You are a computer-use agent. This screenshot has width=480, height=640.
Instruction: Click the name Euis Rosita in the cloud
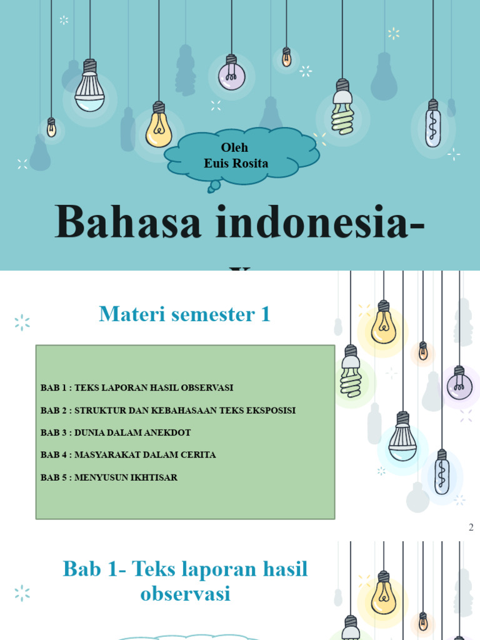pos(236,164)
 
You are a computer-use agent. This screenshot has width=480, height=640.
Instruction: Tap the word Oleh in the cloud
pos(234,147)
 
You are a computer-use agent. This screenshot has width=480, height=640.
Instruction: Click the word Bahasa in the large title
pos(128,223)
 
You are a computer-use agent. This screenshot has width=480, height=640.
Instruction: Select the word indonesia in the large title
pos(312,223)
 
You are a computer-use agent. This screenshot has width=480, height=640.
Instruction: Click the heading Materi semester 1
pos(184,314)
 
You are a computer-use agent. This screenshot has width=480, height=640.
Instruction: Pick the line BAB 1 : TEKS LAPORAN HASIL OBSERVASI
pos(137,387)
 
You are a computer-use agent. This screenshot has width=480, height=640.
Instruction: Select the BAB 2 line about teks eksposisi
pos(168,411)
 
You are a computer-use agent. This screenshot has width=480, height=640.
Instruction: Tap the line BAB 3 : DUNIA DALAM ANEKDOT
pos(116,432)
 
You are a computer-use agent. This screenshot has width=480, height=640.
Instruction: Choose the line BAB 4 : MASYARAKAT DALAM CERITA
pos(128,455)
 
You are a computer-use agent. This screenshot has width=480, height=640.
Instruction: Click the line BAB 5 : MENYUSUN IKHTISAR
pos(109,477)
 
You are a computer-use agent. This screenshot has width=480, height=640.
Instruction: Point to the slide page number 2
pos(471,527)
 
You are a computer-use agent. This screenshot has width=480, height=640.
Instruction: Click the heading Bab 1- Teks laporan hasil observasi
pos(186,581)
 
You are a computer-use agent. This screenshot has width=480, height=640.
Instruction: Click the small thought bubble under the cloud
pos(214,186)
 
